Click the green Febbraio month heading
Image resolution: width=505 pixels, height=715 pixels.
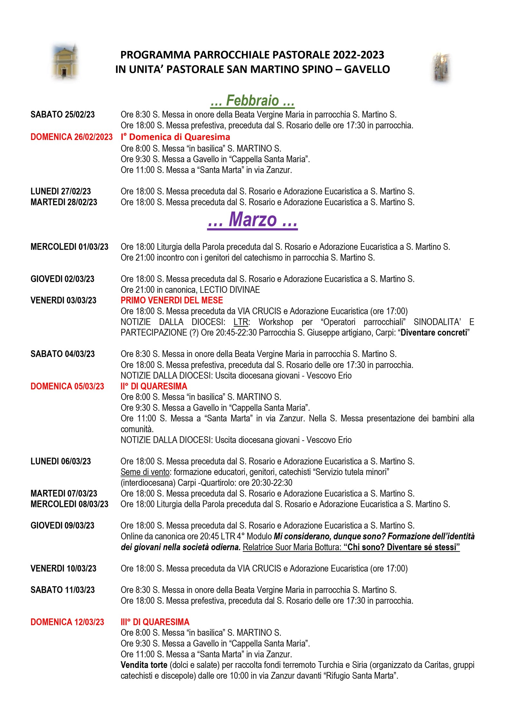click(252, 101)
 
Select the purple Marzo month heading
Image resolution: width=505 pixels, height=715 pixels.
click(252, 220)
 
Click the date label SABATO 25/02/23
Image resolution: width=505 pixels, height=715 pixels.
click(62, 115)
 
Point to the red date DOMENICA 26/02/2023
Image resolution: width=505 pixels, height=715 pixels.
click(71, 137)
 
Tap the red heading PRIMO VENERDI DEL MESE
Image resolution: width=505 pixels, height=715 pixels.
click(172, 301)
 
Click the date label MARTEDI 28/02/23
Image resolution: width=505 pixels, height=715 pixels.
click(64, 202)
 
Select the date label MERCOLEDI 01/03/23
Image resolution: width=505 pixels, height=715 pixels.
click(69, 247)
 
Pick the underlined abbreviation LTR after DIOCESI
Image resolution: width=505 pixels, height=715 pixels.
click(241, 322)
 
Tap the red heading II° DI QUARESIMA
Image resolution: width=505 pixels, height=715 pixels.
click(154, 386)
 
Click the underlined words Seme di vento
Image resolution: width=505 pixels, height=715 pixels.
click(145, 472)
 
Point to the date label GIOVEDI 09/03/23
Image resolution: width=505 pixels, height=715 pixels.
click(62, 526)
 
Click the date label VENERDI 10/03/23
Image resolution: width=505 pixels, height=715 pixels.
click(63, 569)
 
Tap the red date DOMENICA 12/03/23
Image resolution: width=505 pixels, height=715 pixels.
click(67, 622)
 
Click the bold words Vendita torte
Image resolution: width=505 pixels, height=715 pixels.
click(144, 665)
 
